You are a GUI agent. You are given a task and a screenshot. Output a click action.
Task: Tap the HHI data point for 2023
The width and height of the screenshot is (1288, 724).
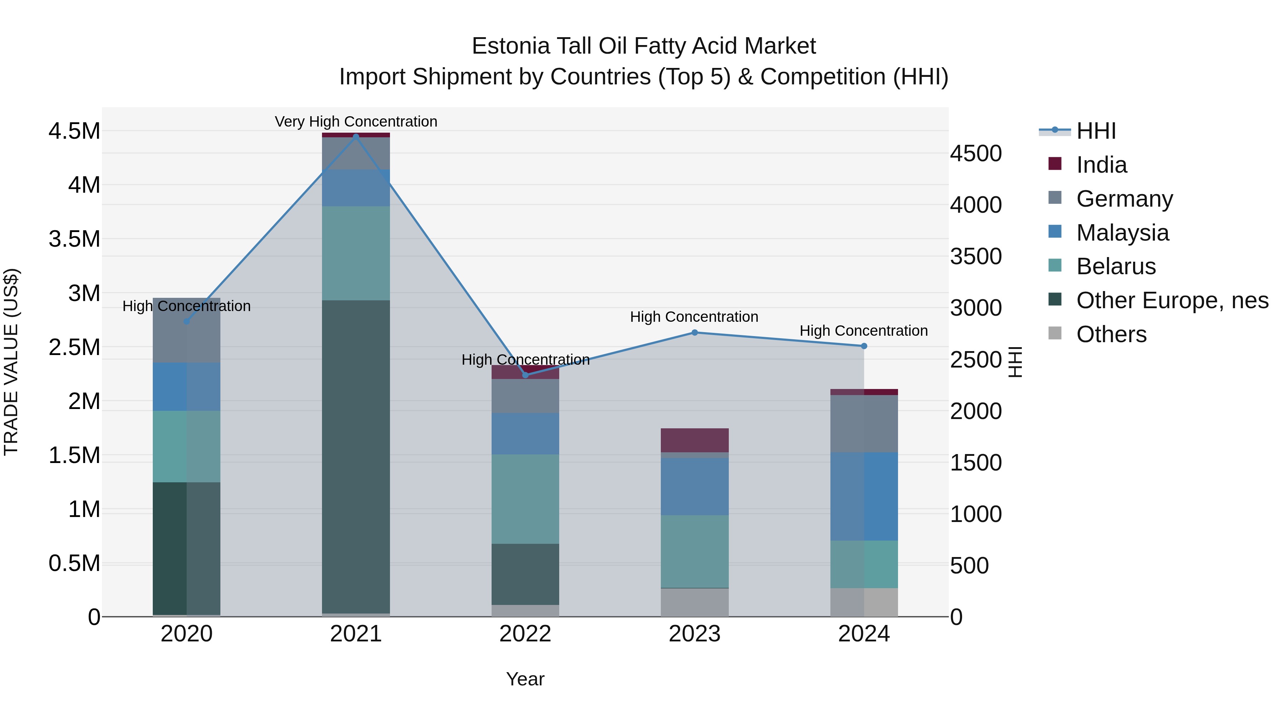[x=694, y=332]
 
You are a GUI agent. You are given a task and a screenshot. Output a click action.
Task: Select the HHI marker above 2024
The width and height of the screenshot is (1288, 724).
[x=864, y=346]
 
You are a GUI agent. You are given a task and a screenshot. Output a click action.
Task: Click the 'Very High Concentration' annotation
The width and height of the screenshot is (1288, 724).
[x=356, y=122]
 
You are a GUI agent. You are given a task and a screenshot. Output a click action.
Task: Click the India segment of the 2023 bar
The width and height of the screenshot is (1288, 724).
[x=694, y=440]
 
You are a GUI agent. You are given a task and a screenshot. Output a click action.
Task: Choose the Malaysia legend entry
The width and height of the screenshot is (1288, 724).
[x=1122, y=233]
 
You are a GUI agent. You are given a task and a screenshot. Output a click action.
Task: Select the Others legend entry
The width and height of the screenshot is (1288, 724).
[x=1111, y=334]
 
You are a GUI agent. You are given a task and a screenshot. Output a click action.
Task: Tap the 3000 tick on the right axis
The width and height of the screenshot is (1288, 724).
[x=976, y=308]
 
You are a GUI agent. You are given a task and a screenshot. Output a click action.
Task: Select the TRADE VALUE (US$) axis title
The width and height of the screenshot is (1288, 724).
[x=11, y=362]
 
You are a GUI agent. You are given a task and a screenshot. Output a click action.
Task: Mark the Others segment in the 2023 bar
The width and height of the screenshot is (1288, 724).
[x=694, y=602]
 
